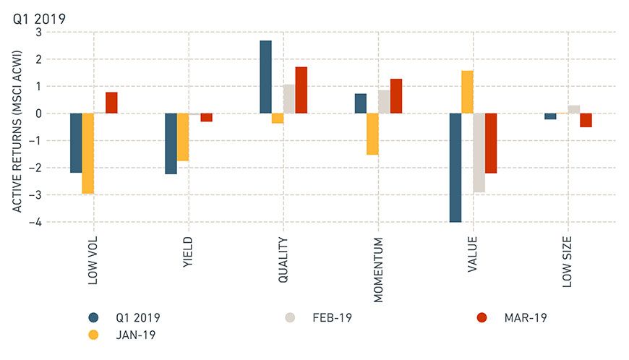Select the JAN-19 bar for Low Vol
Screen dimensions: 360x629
(87, 153)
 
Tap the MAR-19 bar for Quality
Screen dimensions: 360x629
(301, 90)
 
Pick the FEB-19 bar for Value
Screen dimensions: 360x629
(479, 153)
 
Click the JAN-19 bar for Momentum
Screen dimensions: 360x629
(372, 134)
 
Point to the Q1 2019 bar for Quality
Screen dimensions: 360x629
(265, 77)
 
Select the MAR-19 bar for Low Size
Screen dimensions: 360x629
(586, 120)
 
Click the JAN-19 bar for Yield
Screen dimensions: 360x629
(182, 137)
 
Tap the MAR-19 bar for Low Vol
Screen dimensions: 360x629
(111, 103)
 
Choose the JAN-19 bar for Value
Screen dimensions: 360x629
(467, 92)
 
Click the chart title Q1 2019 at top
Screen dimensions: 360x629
(39, 18)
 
